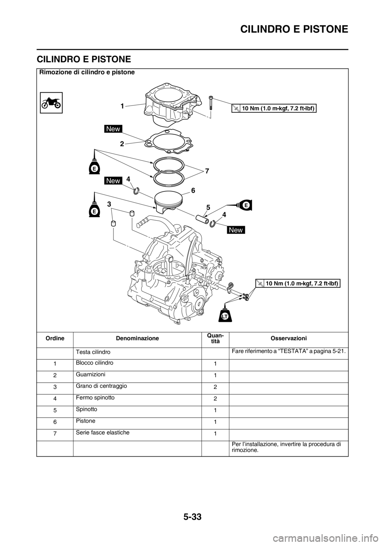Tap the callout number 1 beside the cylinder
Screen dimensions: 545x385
click(x=121, y=107)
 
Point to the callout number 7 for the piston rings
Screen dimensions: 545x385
click(x=207, y=171)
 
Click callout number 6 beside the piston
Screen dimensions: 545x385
click(x=193, y=191)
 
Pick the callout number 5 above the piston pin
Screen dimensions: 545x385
click(x=208, y=207)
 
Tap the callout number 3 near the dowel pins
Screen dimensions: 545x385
click(x=109, y=204)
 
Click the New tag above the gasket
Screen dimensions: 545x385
click(x=113, y=129)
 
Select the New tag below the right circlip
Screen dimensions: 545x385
click(x=236, y=230)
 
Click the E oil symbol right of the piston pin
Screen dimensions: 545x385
click(x=245, y=204)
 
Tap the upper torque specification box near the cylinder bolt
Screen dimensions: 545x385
click(x=274, y=108)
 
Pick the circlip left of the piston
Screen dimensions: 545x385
click(x=136, y=190)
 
